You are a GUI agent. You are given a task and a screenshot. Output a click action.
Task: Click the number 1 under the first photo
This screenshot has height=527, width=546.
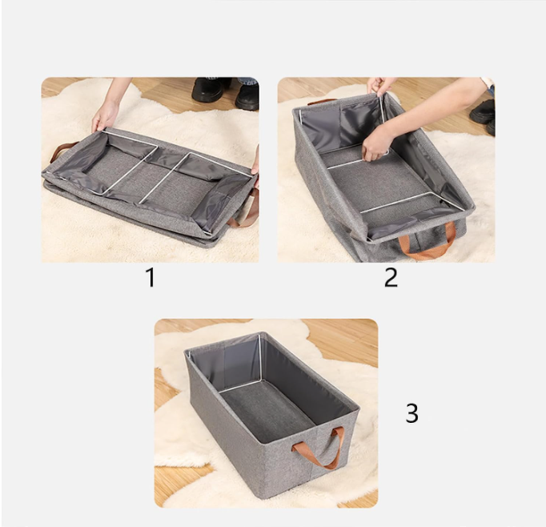coord(151,278)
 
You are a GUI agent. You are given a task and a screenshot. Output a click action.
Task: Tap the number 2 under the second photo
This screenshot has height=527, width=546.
coord(391,278)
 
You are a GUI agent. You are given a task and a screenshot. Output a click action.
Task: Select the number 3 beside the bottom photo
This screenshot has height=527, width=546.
coord(412,413)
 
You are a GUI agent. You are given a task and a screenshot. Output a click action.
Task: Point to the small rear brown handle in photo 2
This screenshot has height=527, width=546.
coord(322,102)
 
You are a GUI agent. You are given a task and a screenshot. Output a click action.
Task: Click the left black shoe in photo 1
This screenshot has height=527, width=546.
coord(208,90)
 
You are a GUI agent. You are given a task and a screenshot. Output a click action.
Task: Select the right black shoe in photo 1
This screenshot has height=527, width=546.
coord(247,96)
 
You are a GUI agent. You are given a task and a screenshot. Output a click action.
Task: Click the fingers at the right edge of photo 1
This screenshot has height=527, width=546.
coord(255,163)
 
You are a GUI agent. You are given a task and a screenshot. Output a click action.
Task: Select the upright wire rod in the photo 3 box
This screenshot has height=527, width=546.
coord(260,357)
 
